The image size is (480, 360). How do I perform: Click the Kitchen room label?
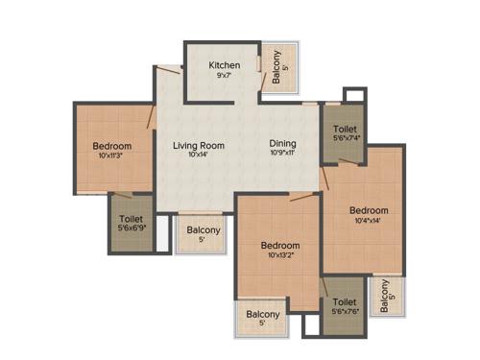tap(224, 65)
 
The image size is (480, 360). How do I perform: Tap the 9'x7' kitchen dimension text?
tap(224, 77)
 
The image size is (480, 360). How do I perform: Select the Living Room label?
tap(198, 146)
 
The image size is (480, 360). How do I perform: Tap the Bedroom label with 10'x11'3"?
tap(112, 147)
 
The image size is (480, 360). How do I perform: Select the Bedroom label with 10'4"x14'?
tap(369, 210)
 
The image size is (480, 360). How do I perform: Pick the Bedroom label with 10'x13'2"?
tap(280, 245)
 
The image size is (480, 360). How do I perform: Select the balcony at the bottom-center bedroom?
tap(262, 317)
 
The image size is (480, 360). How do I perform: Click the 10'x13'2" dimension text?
tap(280, 256)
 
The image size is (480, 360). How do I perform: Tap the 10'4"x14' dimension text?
tap(369, 222)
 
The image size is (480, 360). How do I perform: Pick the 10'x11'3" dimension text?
tap(112, 157)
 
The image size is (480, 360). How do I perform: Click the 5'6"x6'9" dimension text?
tap(132, 228)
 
